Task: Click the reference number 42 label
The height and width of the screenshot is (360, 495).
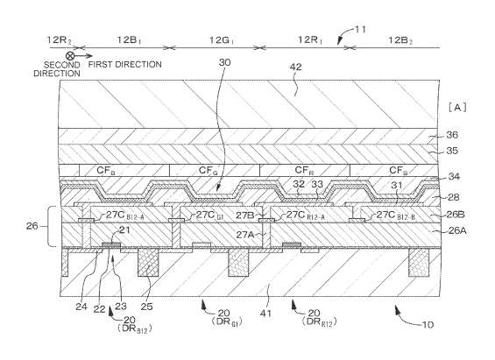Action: pos(296,67)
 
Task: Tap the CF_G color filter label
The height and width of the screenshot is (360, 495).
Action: pos(209,171)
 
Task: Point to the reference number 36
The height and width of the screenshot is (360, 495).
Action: pos(452,135)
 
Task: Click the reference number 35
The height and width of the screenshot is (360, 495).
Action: pos(452,151)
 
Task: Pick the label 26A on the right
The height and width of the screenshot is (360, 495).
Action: pos(457,231)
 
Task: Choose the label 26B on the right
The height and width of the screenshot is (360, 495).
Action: pos(456,215)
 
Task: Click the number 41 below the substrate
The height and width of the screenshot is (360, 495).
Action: pos(265,314)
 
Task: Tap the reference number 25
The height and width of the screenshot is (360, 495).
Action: pos(146,307)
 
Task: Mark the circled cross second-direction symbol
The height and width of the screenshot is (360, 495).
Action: pos(70,56)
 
